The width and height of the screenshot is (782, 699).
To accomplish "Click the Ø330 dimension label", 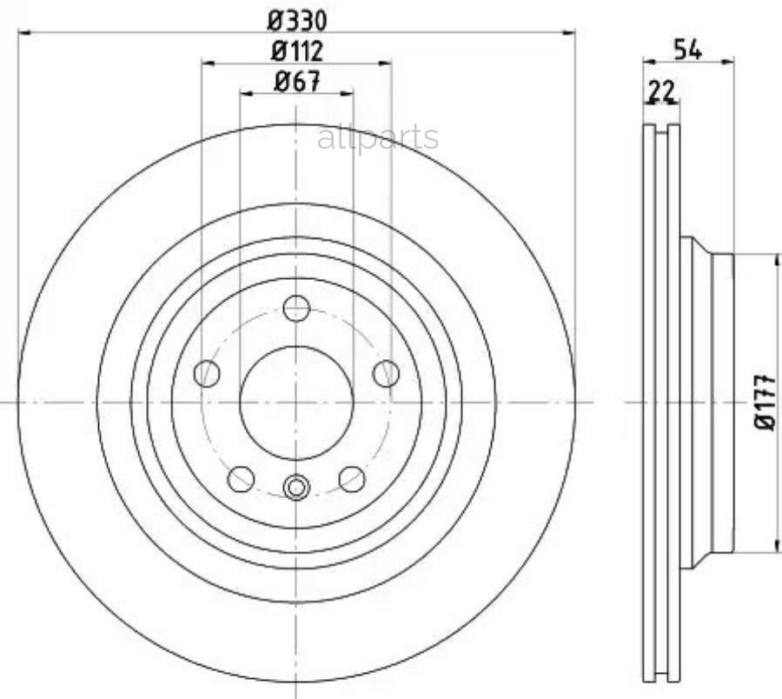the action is pyautogui.click(x=297, y=21).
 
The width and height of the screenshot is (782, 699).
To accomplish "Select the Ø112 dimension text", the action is pyautogui.click(x=297, y=51).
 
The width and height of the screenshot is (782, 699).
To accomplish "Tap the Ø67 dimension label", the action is pyautogui.click(x=297, y=82).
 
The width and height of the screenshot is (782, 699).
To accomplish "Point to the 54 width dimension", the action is pyautogui.click(x=688, y=50).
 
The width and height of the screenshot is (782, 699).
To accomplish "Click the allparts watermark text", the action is pyautogui.click(x=378, y=137).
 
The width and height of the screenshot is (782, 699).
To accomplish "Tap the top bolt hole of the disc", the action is pyautogui.click(x=297, y=309).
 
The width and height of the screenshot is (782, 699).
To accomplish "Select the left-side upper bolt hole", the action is pyautogui.click(x=207, y=373).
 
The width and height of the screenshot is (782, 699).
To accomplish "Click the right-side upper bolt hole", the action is pyautogui.click(x=387, y=374).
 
